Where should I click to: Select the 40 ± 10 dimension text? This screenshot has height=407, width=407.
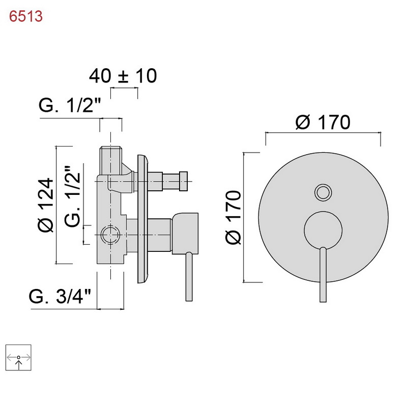(123, 76)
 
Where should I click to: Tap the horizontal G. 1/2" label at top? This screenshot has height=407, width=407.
(70, 107)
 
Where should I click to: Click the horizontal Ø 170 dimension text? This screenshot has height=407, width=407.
(323, 122)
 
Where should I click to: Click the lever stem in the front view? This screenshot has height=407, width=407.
(323, 275)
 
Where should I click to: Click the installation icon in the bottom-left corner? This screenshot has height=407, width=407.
(18, 358)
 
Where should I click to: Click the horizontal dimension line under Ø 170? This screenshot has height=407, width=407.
(323, 133)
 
